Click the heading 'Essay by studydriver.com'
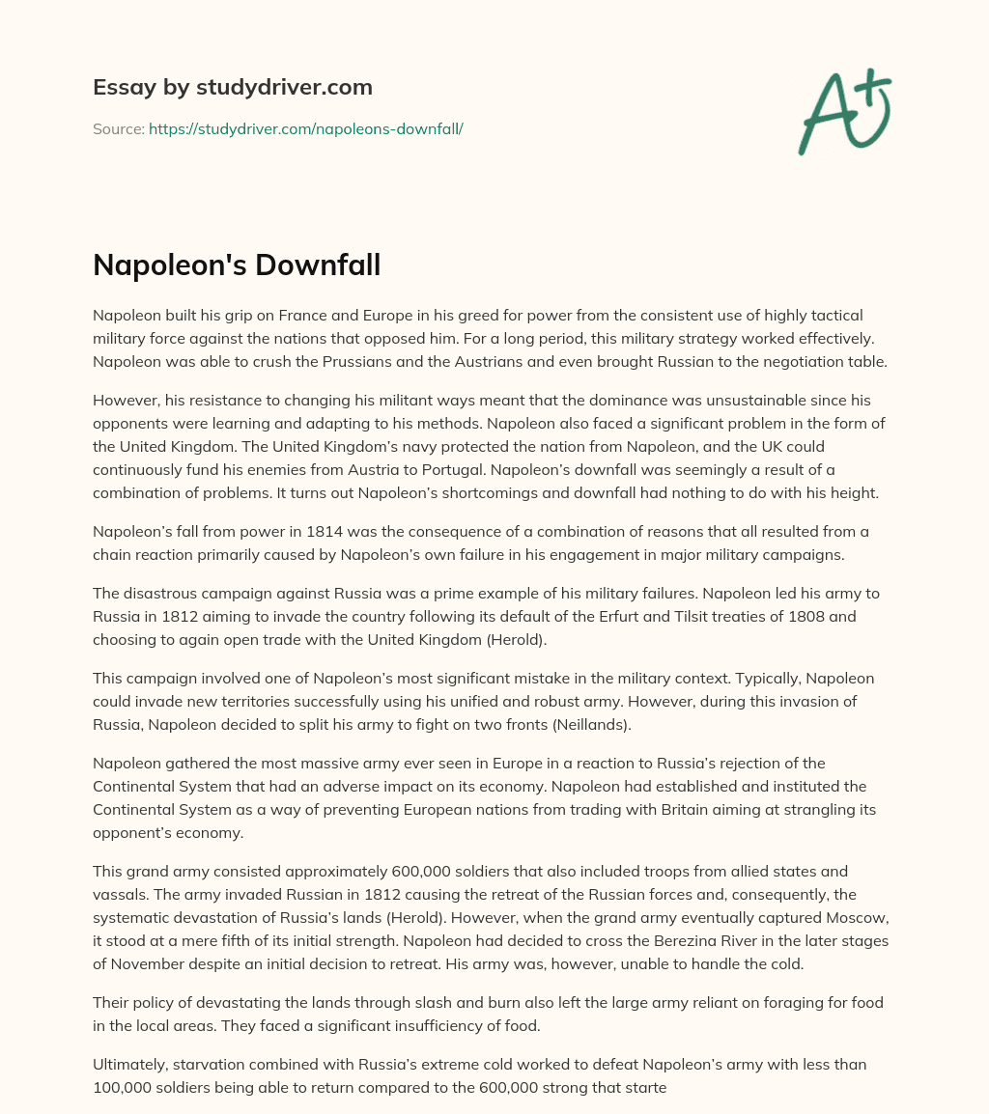pyautogui.click(x=232, y=88)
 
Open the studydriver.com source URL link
pyautogui.click(x=305, y=128)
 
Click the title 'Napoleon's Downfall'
pyautogui.click(x=237, y=265)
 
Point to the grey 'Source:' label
pyautogui.click(x=118, y=128)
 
